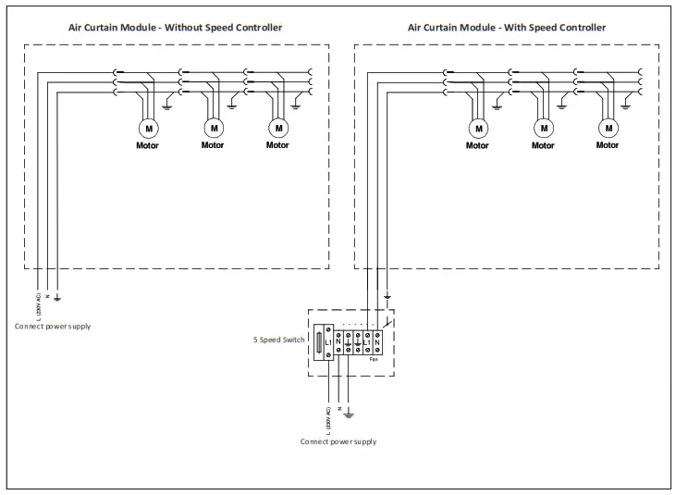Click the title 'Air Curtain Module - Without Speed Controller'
pos(176,28)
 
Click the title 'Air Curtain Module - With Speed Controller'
pos(507,28)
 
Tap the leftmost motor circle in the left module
pos(148,127)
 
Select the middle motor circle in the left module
pos(214,127)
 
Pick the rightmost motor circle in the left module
pos(277,127)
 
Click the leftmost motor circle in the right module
pos(477,127)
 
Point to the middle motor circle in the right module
pos(543,127)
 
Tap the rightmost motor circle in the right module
pos(607,127)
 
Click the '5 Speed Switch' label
pos(278,340)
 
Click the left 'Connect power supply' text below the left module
pos(53,327)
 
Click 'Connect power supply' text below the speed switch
pos(338,441)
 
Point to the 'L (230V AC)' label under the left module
pos(38,306)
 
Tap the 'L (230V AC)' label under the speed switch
pos(328,421)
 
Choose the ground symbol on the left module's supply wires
pos(57,297)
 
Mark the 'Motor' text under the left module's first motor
pos(148,145)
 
